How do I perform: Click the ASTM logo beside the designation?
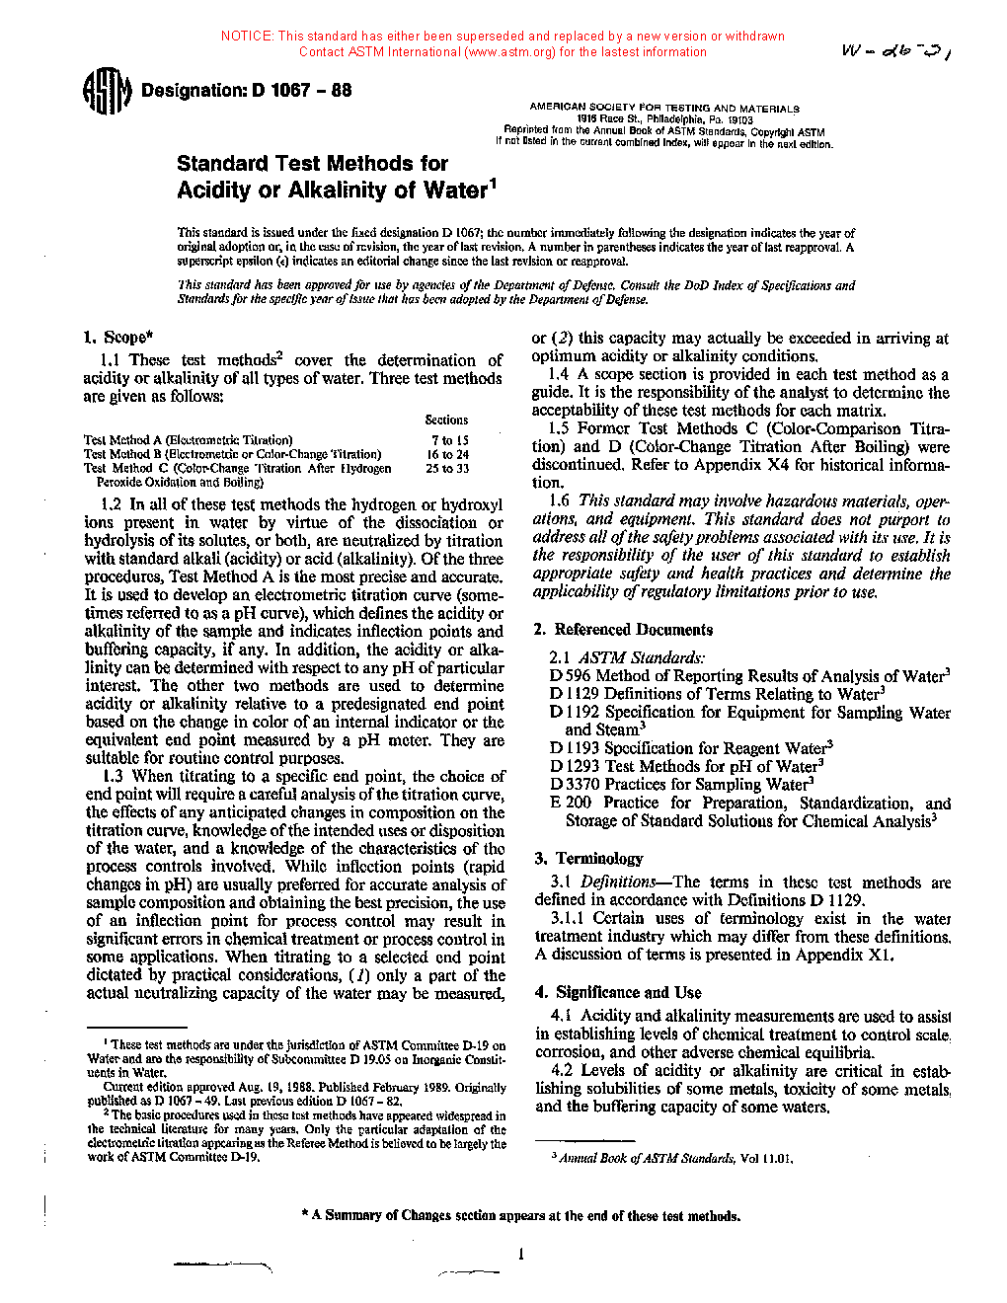106,91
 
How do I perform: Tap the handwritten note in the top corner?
894,51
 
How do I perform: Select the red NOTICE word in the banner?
247,37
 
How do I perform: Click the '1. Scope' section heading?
118,337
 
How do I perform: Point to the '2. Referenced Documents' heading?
623,630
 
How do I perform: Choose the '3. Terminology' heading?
589,859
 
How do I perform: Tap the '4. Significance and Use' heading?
619,993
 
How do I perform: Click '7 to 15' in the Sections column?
449,441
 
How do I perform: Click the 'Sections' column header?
446,421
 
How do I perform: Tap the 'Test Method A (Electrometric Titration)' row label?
188,441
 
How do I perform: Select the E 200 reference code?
571,804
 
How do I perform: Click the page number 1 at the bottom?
520,1255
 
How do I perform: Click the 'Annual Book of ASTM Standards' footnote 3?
675,1159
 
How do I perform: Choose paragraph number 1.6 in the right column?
560,501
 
